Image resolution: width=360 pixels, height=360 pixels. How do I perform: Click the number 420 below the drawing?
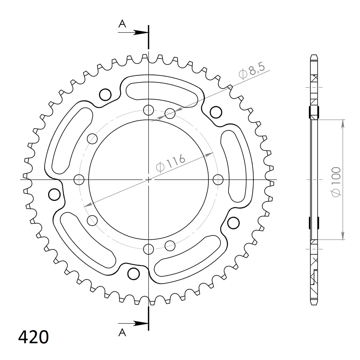(x=34, y=337)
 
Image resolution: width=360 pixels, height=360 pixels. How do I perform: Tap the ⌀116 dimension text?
(x=170, y=163)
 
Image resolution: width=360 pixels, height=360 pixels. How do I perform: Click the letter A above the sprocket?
(x=122, y=24)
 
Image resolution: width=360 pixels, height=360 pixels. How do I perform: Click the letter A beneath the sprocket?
(x=122, y=333)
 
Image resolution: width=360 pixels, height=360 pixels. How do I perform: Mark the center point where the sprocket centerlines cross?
(x=148, y=180)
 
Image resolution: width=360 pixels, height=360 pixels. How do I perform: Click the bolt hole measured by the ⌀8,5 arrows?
(x=170, y=114)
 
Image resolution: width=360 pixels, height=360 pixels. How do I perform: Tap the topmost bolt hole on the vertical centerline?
(x=148, y=110)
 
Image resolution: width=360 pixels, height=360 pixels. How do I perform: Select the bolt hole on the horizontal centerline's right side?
(x=218, y=180)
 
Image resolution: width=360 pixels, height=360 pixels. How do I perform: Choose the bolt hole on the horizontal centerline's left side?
(x=79, y=180)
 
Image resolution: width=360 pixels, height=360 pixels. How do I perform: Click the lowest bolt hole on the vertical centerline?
(x=148, y=249)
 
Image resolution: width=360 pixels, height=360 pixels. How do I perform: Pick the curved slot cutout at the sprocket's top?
(x=162, y=91)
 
